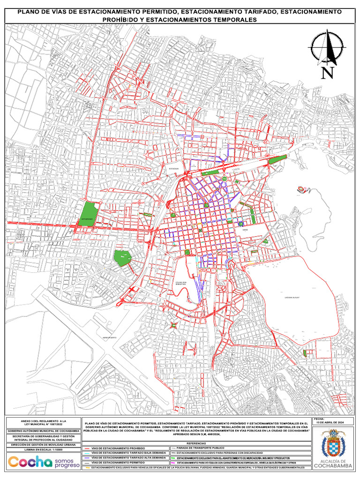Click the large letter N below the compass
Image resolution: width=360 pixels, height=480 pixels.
(x=327, y=73)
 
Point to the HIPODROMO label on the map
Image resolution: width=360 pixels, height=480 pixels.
(x=87, y=219)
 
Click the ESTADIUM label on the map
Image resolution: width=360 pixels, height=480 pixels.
(x=174, y=174)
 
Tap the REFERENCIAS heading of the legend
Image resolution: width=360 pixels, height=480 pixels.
(x=195, y=443)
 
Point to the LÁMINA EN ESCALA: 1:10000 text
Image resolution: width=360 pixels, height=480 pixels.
(x=42, y=450)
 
